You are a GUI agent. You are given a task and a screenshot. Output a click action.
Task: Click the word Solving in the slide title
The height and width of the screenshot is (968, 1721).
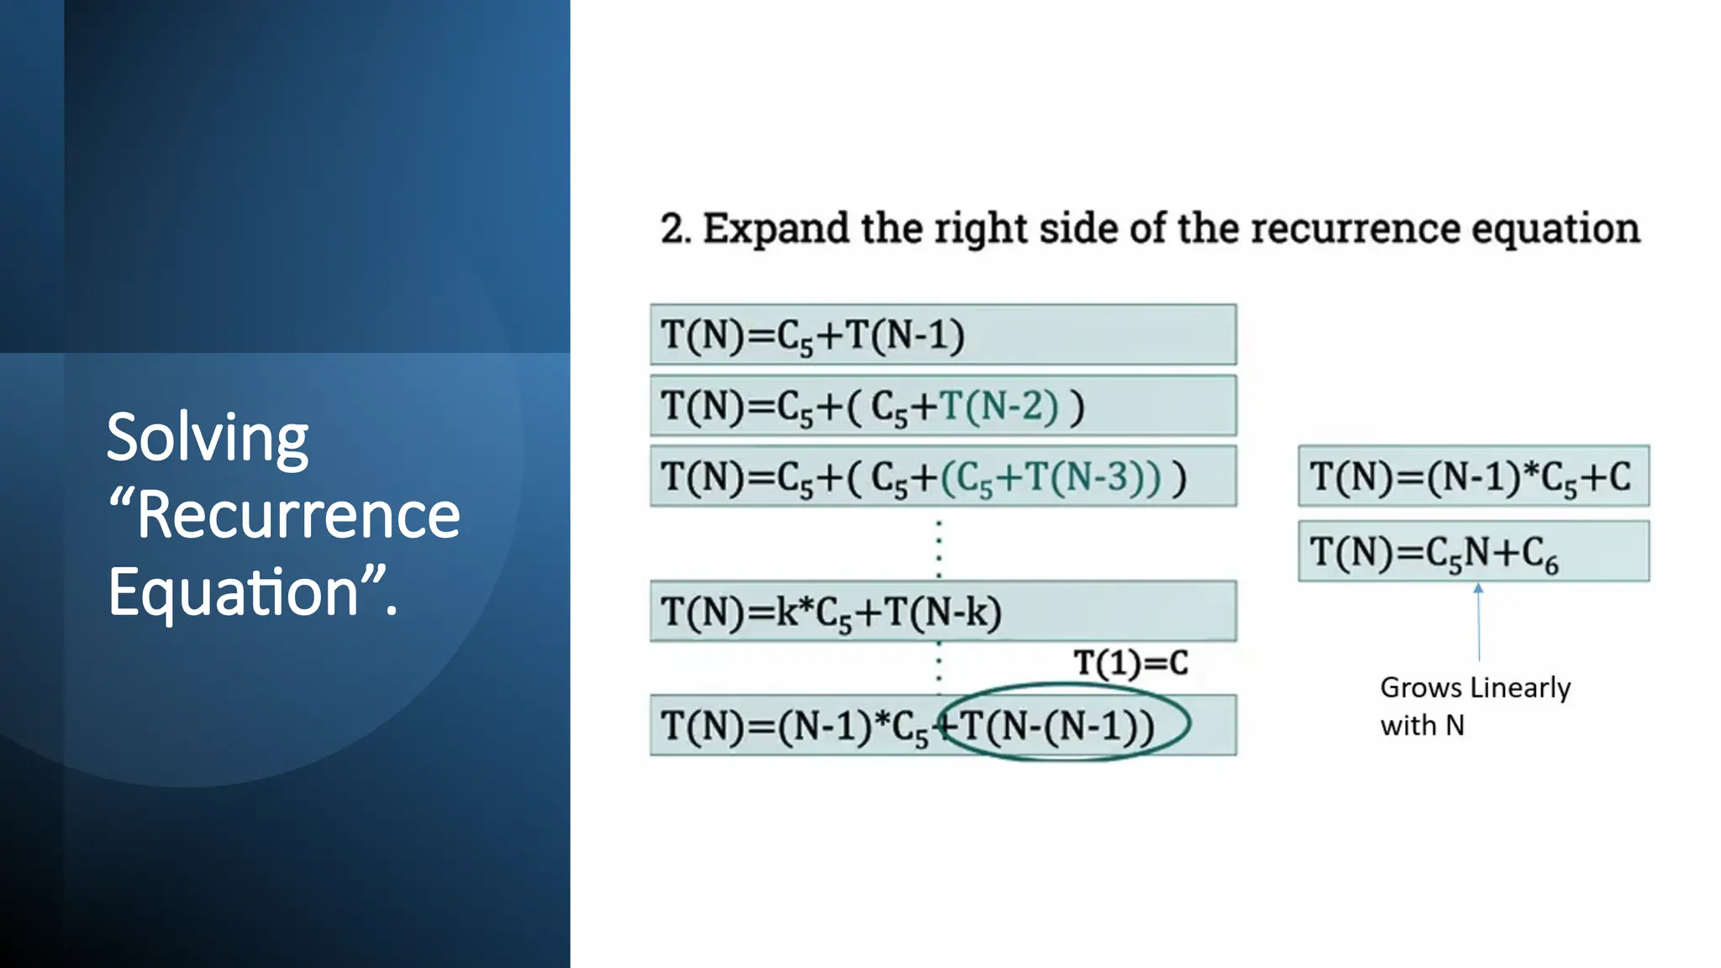click(207, 439)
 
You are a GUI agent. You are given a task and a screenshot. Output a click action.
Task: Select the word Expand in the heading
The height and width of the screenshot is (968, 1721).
click(775, 229)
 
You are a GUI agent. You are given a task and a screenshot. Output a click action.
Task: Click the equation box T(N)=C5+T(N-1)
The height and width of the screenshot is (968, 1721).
click(942, 335)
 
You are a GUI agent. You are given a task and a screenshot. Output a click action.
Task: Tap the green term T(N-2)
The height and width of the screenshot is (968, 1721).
click(998, 407)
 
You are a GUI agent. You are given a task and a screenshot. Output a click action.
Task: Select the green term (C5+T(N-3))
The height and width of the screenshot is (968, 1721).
click(1050, 477)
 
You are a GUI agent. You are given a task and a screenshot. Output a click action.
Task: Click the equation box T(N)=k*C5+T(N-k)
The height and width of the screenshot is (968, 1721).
click(942, 612)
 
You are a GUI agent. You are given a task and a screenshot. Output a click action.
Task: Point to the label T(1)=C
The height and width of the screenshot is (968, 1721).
click(1131, 664)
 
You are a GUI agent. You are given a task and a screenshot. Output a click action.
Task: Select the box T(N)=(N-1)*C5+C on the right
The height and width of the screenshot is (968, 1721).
click(1472, 476)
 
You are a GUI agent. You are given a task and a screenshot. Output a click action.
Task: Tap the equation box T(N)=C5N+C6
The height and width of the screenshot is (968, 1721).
click(1472, 552)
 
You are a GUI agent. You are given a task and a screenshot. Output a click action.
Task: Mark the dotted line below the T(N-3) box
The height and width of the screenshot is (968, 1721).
click(939, 548)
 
